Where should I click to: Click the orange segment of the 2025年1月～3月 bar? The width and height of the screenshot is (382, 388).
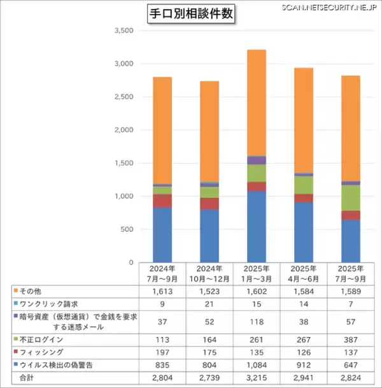click(x=248, y=102)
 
